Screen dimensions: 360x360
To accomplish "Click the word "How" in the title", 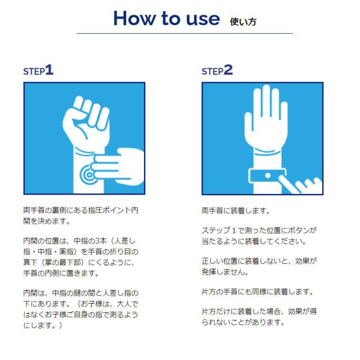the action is click(134, 18).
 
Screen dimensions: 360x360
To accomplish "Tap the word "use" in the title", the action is click(202, 19).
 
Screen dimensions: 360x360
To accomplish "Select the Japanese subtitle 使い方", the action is click(243, 22).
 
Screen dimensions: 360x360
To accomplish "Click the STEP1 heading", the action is click(38, 70).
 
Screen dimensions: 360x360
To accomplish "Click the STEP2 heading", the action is click(217, 70).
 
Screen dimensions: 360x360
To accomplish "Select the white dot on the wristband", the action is click(268, 175).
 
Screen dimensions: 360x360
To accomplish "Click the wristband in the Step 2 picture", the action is click(267, 176).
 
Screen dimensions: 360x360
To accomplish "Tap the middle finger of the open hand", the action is click(266, 101).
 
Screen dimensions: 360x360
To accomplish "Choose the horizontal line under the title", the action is click(185, 34).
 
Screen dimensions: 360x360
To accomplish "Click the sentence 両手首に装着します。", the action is click(236, 210).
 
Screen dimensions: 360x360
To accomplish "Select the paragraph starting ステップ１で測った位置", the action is click(259, 236).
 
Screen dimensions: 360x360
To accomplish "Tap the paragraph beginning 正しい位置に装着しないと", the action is click(259, 266).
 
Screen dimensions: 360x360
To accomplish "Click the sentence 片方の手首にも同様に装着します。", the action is click(258, 292).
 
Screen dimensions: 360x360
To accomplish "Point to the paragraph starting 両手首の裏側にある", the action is click(81, 215).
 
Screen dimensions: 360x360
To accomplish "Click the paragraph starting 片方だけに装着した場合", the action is click(259, 317).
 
